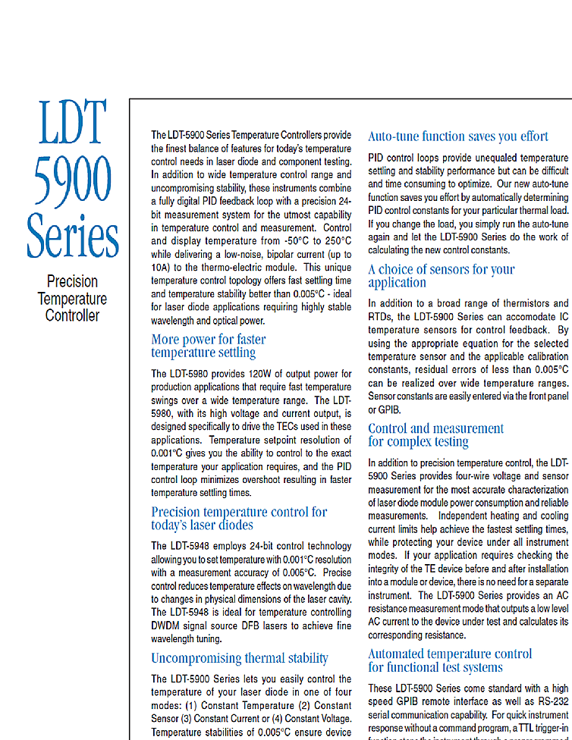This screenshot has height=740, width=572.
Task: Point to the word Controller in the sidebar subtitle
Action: pos(72,315)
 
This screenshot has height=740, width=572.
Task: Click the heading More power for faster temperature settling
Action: pos(208,346)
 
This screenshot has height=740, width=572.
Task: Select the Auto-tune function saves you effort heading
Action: pos(457,136)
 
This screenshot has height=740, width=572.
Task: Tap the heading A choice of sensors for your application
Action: pos(441,276)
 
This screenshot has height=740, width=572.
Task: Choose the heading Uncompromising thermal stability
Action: pos(239,657)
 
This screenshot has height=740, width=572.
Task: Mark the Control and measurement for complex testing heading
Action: pos(435,434)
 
